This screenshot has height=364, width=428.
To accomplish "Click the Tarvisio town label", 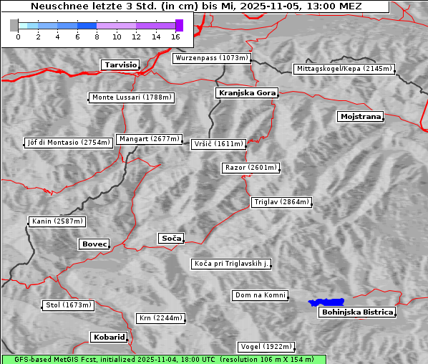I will coord(120,64).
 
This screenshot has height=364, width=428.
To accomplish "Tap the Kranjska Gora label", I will coord(245,93).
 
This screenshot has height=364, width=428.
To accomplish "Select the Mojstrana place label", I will coord(361,116).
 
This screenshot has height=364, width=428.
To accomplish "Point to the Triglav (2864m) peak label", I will coord(282,202).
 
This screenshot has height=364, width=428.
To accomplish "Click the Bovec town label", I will coord(94,244).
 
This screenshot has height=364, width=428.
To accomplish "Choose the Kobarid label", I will coord(109,337).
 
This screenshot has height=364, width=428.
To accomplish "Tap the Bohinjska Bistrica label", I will coord(357,312).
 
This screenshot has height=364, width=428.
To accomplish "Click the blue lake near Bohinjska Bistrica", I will coord(326,303).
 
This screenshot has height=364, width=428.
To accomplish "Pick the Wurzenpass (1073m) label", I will coord(212,58).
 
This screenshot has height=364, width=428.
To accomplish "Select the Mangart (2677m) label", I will coord(150,139).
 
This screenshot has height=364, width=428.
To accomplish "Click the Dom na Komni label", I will coord(261,295).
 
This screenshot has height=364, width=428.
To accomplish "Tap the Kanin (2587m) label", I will coord(57,221).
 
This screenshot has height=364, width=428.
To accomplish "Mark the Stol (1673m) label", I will coord(69,305).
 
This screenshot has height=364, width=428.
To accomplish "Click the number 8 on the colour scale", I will coord(97,37).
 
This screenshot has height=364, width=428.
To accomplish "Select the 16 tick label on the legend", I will coord(175,37).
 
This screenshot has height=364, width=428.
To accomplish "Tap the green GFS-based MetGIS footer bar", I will coord(163,359).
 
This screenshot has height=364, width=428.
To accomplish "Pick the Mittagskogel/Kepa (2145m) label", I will coord(344,69).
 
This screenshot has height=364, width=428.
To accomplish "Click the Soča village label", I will coord(171,238).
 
